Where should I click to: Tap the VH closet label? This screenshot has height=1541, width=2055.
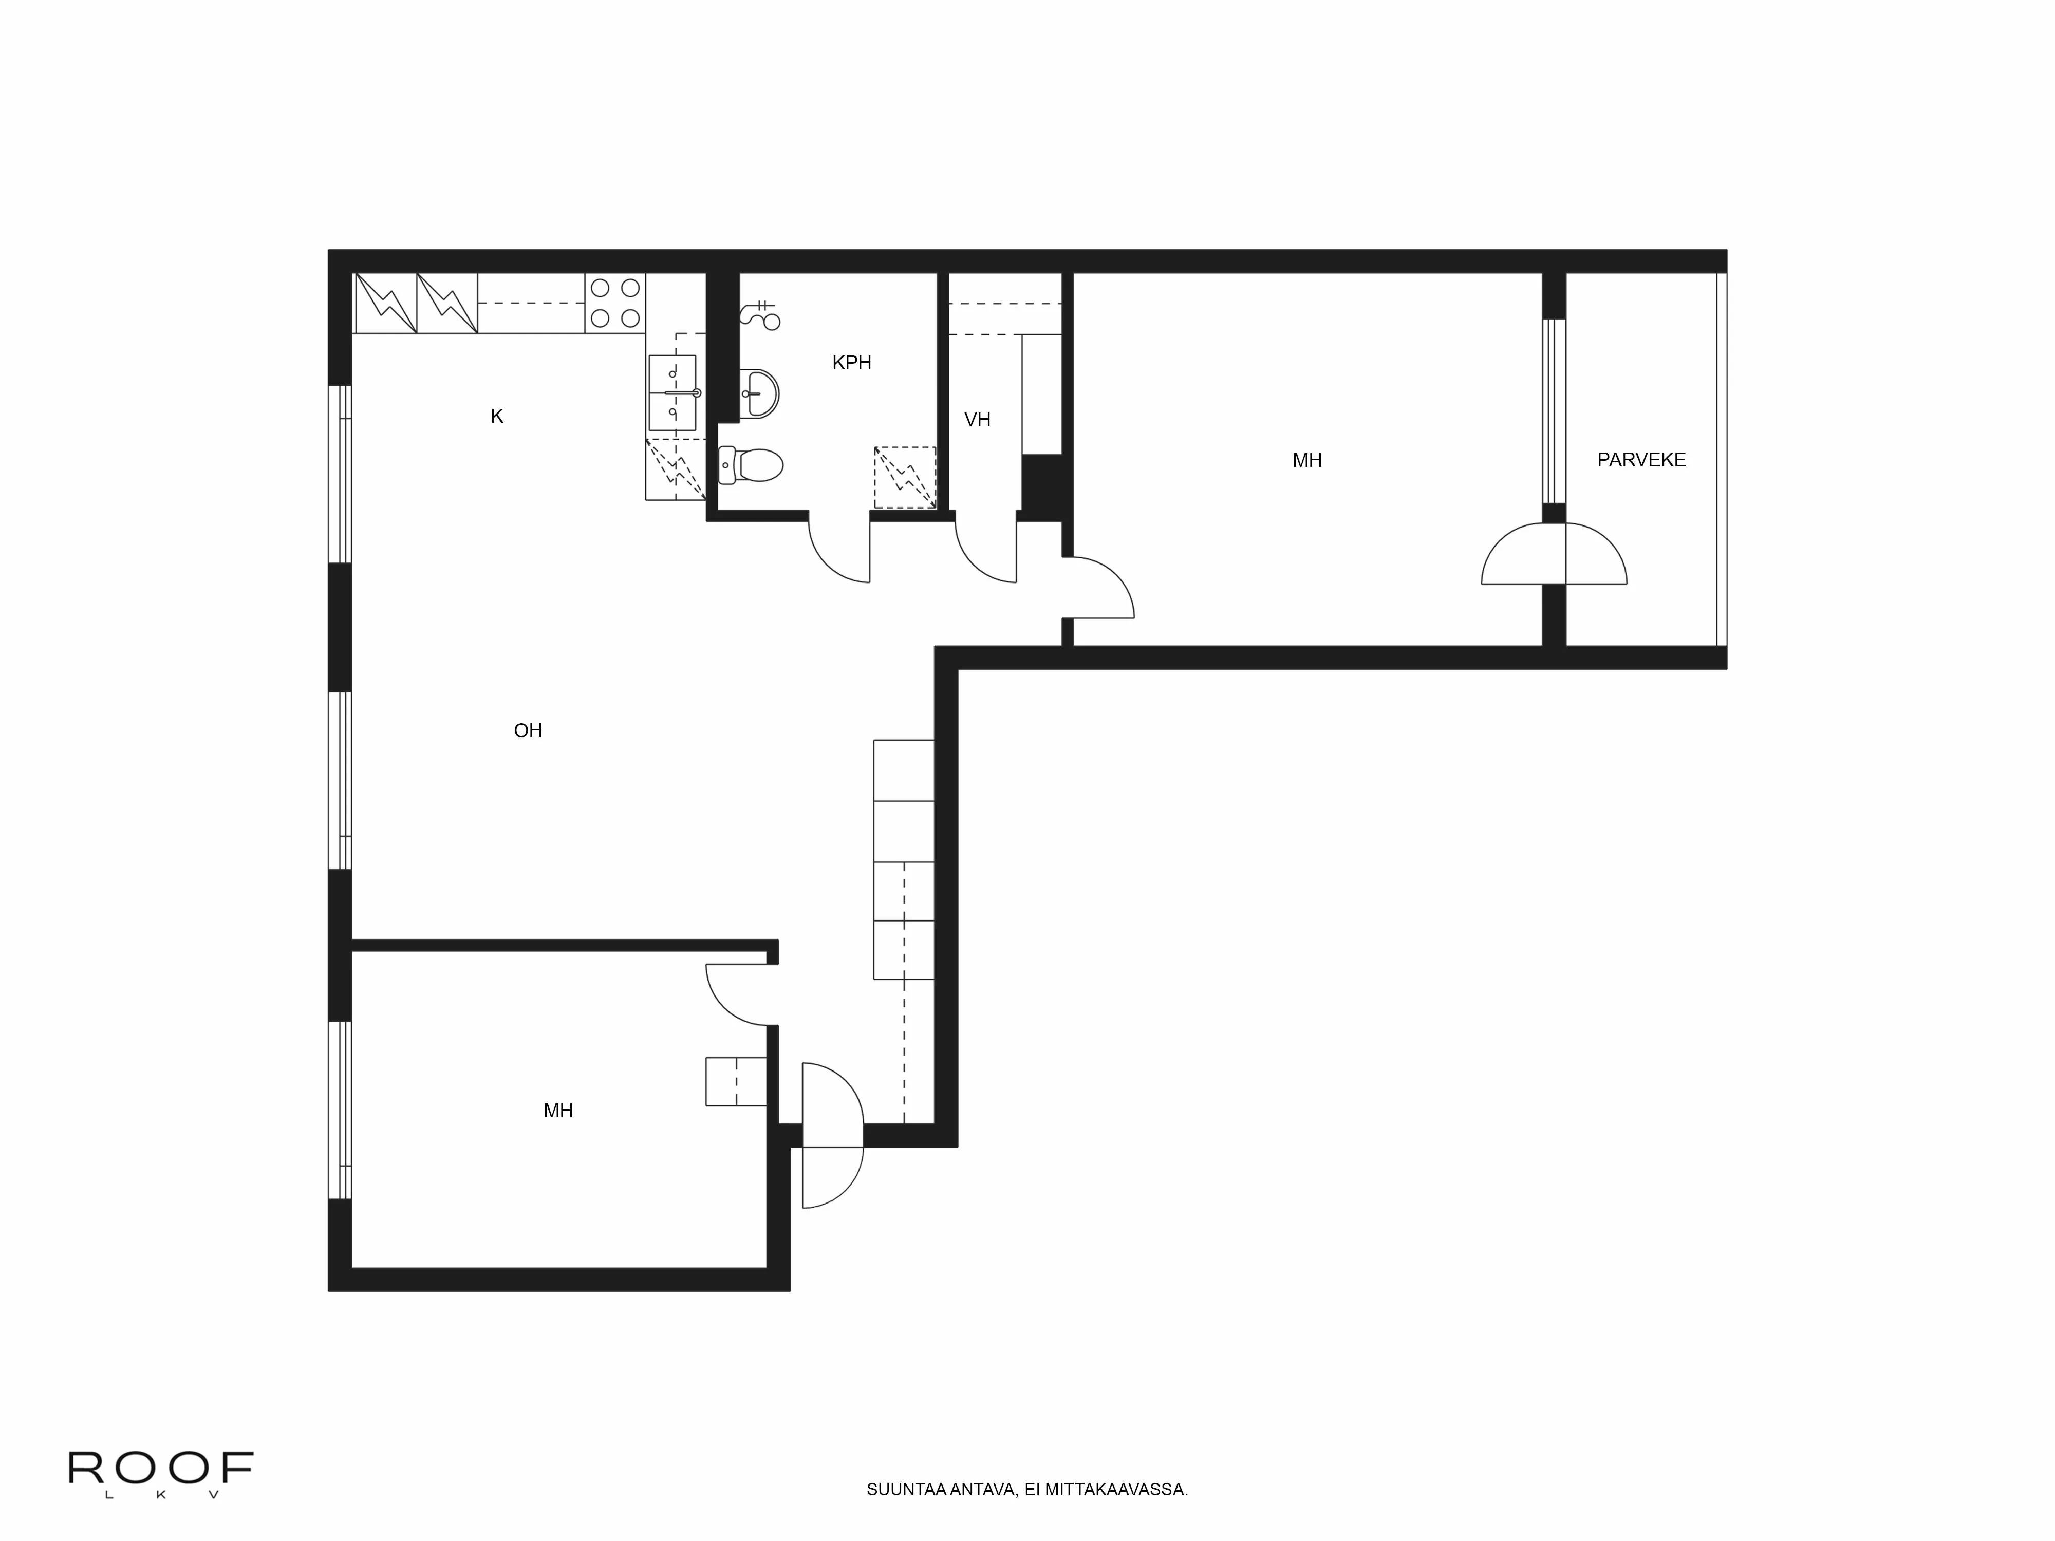[977, 420]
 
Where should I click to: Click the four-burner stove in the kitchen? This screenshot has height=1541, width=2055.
[615, 303]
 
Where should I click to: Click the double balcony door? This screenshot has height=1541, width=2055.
[1554, 555]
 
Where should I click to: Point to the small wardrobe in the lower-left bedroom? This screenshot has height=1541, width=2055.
[736, 1081]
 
